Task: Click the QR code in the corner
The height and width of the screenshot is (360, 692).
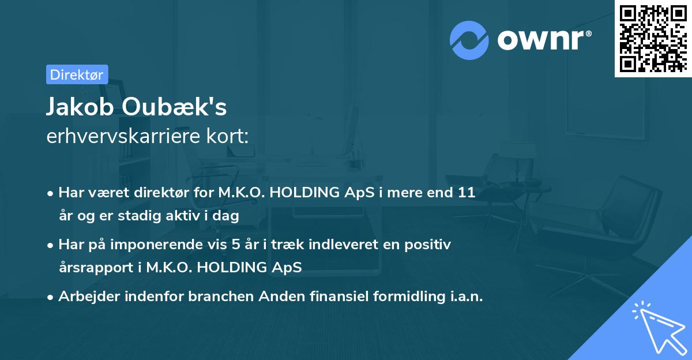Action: (653, 38)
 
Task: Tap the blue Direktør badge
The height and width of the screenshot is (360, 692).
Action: (77, 74)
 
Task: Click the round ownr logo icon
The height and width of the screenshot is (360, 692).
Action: (469, 40)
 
